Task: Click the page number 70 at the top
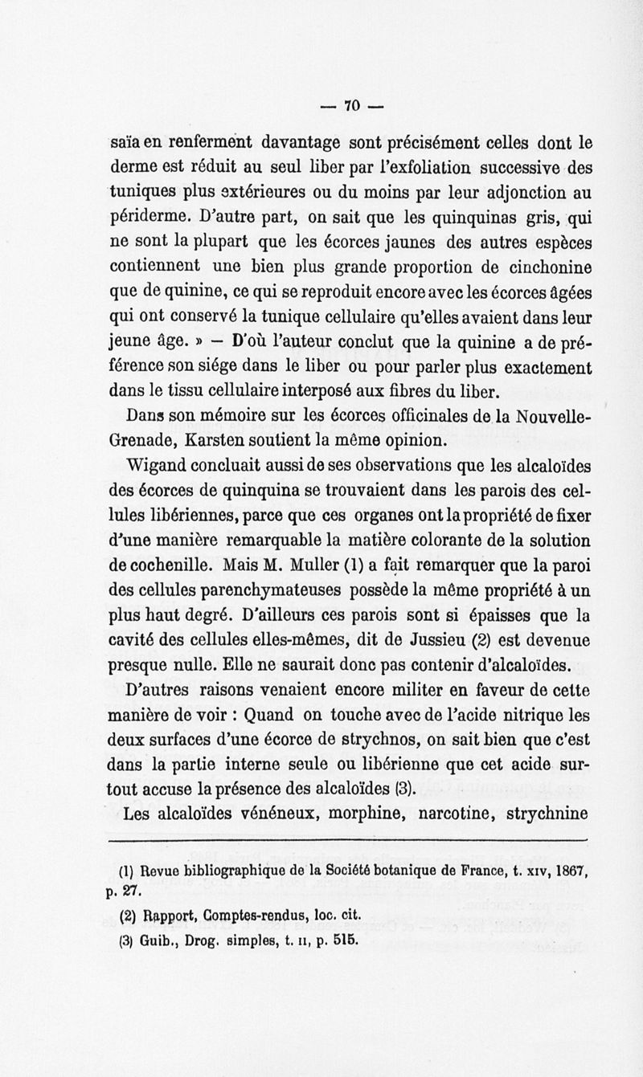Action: (350, 104)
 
